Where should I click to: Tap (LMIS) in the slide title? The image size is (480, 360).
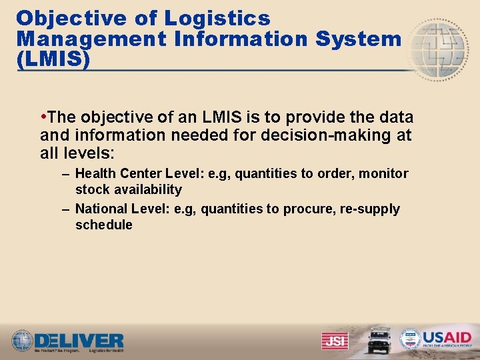[53, 59]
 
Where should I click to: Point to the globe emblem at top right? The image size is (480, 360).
[439, 49]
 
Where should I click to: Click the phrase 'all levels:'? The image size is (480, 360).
[77, 153]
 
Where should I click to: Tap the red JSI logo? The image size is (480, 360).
[334, 341]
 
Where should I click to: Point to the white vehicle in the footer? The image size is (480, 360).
[379, 339]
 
